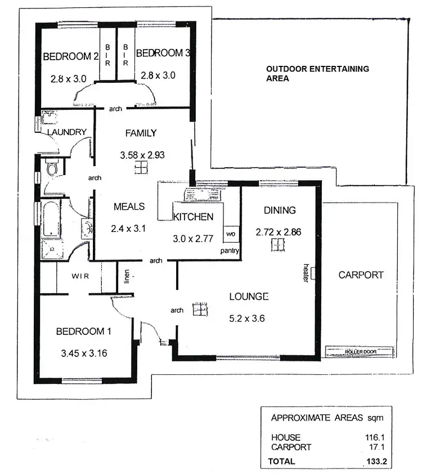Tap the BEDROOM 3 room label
coord(163,53)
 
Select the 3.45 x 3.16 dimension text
coord(84,354)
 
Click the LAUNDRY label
coord(67,132)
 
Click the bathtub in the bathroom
coord(50,219)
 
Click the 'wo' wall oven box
coord(231,233)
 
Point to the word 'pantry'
coord(230,251)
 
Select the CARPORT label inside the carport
coord(361,275)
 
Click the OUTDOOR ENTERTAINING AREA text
coord(317,74)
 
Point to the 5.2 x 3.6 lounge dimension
coord(246,318)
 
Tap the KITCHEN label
coord(193,217)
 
